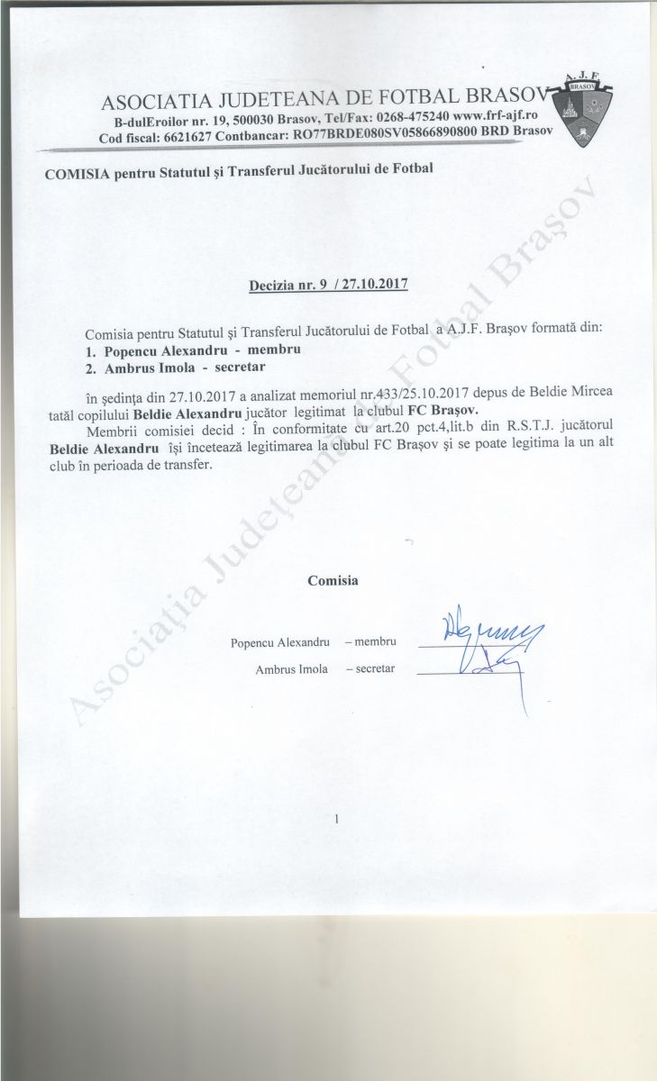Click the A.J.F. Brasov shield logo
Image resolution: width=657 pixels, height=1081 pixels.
pos(591,114)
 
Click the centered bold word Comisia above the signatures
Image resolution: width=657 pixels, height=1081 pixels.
pos(333,580)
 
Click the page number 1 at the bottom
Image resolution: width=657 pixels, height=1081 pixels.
pos(334,819)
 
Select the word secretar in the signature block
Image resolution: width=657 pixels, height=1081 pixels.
pos(375,669)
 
